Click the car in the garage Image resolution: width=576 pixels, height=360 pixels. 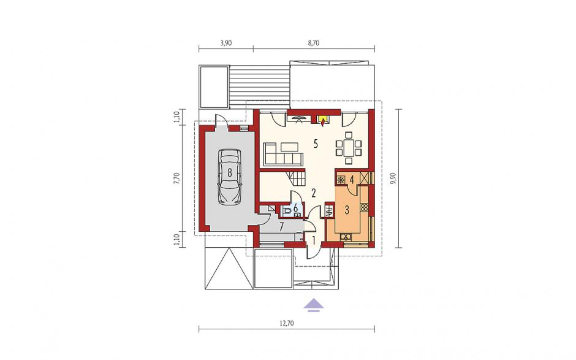tap(230, 177)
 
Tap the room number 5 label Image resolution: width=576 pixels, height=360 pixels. tap(316, 144)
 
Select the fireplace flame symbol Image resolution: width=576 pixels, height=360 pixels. tap(323, 121)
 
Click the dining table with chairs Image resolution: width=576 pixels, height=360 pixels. tap(348, 147)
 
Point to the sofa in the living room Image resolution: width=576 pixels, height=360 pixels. tap(282, 154)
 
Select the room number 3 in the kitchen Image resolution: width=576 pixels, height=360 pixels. tap(347, 210)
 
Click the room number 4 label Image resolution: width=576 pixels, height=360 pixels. tap(352, 180)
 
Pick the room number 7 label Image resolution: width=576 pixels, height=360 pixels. tap(281, 226)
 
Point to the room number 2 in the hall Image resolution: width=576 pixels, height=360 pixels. tap(314, 193)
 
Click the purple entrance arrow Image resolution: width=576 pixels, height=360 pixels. tap(313, 305)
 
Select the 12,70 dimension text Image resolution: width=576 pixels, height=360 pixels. tap(287, 324)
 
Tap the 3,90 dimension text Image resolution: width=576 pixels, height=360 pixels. tap(226, 43)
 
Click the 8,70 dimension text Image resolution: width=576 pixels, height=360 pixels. tap(314, 43)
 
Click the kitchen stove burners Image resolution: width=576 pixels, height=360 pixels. tap(364, 207)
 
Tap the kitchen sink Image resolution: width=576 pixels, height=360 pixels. tap(346, 237)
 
